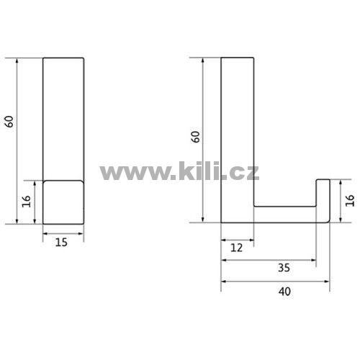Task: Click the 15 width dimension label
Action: click(x=61, y=242)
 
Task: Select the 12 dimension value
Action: click(x=237, y=248)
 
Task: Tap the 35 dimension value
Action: click(x=284, y=268)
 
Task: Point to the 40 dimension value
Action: click(x=285, y=292)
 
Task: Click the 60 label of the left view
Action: click(x=9, y=122)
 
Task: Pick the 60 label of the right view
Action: click(x=196, y=137)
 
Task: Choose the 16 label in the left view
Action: click(x=27, y=201)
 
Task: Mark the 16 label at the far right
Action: click(x=350, y=201)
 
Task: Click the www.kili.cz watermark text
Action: click(x=179, y=171)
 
